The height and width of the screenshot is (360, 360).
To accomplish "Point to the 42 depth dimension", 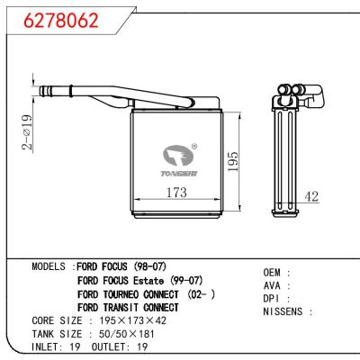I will pos(310,195).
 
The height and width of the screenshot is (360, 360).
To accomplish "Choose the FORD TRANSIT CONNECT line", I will pos(128,308).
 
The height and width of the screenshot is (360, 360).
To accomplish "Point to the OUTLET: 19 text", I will pos(129,347).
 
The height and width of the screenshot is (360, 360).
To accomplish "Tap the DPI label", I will pos(273,299).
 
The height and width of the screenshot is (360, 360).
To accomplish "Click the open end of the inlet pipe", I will pos(45,89).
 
